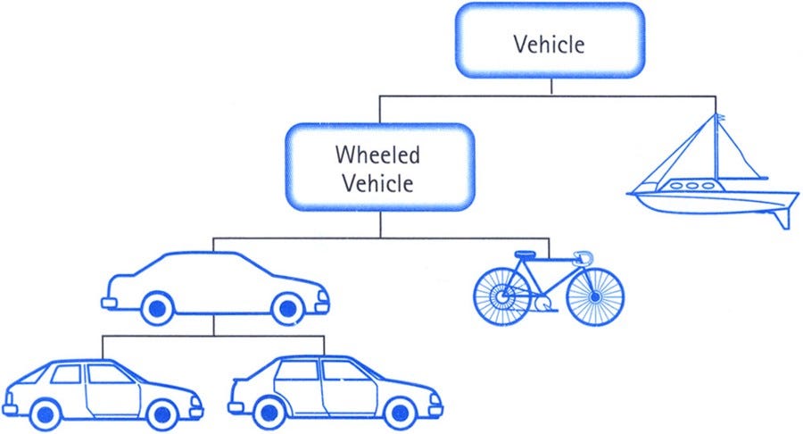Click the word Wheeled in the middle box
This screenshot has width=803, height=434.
tap(377, 154)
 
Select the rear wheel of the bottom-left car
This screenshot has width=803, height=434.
tap(46, 413)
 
